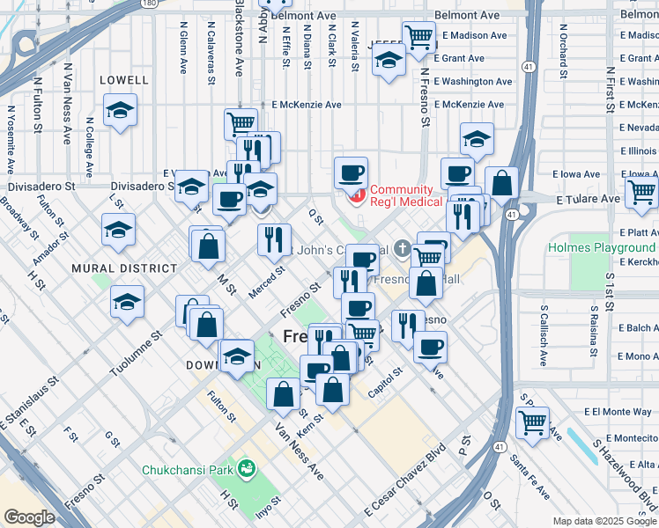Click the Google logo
tap(28, 517)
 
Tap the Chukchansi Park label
tap(189, 469)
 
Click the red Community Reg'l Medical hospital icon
tap(358, 195)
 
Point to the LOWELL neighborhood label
tap(123, 79)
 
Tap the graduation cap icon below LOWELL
tap(120, 110)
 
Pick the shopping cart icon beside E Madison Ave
tap(418, 37)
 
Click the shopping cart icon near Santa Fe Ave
tap(532, 422)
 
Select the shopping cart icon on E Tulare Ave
tap(641, 191)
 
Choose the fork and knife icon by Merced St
tap(274, 238)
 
